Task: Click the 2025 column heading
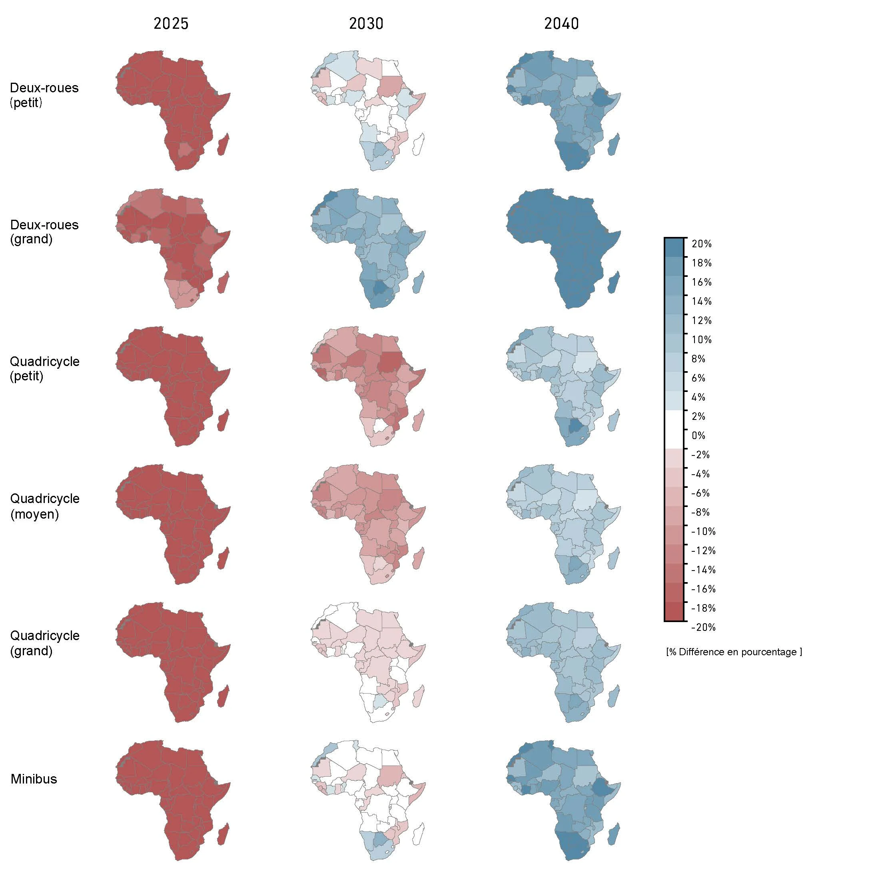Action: coord(171,24)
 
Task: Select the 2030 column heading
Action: coord(366,24)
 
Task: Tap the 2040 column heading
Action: coord(561,24)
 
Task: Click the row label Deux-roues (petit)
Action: coord(44,95)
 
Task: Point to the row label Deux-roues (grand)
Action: coord(44,232)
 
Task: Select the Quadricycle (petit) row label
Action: coord(44,368)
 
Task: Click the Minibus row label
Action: coord(34,779)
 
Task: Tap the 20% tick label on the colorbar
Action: coord(702,244)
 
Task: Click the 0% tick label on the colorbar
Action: coord(698,435)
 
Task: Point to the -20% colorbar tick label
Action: coord(703,627)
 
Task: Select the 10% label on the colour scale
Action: coord(702,340)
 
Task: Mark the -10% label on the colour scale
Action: coord(703,531)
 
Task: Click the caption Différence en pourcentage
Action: coord(734,652)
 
